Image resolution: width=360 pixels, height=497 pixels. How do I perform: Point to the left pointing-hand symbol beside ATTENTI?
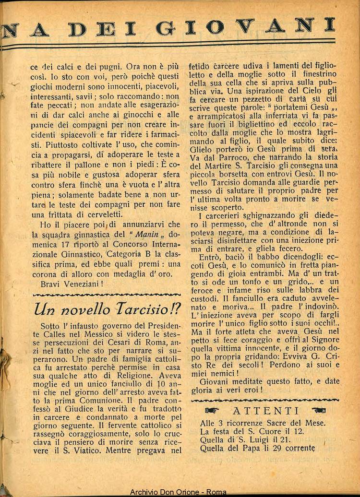click(212, 411)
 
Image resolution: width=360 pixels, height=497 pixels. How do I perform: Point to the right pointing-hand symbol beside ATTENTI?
click(319, 411)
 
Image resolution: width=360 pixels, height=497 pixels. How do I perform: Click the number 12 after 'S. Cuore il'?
click(286, 431)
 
